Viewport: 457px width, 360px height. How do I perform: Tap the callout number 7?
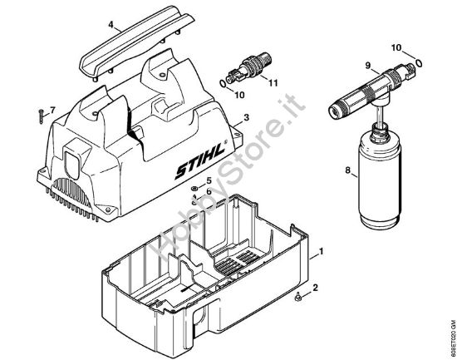point(52,110)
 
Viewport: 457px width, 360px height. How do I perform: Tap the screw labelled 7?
point(39,115)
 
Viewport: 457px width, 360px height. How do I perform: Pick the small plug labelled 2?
point(298,294)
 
